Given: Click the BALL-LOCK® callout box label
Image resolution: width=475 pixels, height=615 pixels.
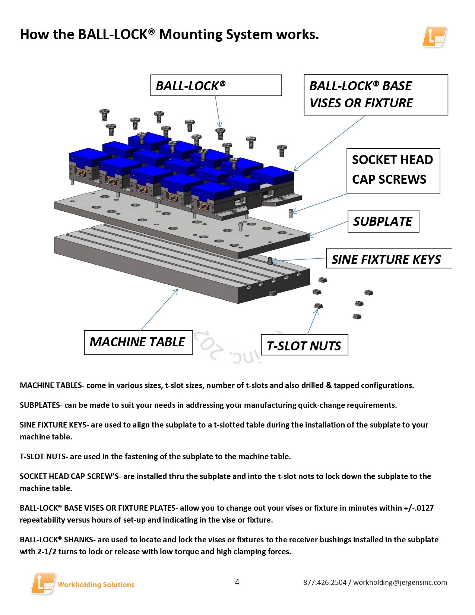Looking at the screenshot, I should tap(216, 85).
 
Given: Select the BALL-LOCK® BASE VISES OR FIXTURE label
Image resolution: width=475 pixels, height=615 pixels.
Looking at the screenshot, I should tap(376, 95).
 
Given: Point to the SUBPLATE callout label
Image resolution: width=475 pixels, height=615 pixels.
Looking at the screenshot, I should tap(383, 221).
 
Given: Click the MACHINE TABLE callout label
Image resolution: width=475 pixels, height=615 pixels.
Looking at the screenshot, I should tap(138, 342).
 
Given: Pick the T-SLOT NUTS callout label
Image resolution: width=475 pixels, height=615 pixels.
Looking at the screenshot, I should tap(304, 346).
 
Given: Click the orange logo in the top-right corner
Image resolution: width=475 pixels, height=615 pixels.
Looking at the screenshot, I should tap(434, 37).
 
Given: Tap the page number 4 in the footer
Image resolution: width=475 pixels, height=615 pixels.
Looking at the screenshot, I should tap(237, 582).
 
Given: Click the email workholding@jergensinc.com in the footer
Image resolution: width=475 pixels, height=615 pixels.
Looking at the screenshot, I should tap(400, 582).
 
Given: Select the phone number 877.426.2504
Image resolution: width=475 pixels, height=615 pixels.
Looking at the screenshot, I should tap(324, 582).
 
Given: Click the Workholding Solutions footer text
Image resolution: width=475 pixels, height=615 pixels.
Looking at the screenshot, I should tap(96, 584).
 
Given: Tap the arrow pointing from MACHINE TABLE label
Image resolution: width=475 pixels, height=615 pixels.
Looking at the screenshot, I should tap(159, 310).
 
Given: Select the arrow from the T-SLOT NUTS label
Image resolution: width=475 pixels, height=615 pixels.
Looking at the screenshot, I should tap(313, 322).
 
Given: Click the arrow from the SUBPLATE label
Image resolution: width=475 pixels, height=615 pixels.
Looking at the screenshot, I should tap(327, 229).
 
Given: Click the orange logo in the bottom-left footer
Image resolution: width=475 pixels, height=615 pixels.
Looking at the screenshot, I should tap(43, 583).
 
